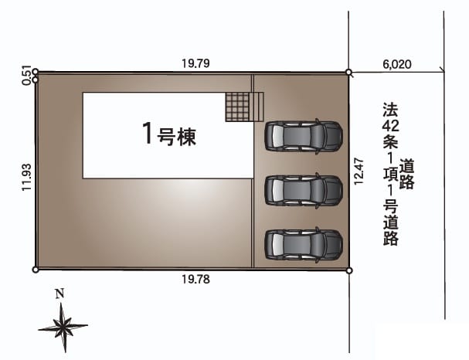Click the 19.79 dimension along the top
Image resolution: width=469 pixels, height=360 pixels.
click(x=196, y=63)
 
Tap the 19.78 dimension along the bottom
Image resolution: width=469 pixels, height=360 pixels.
click(x=196, y=279)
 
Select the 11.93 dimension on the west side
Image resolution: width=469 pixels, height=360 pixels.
click(x=26, y=177)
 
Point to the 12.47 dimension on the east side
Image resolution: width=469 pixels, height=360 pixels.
click(x=359, y=172)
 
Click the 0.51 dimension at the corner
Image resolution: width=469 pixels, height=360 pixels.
click(x=26, y=76)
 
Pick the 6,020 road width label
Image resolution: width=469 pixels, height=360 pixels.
click(x=397, y=64)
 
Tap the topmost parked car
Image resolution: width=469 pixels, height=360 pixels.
click(x=304, y=137)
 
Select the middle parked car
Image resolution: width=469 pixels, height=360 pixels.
click(x=304, y=191)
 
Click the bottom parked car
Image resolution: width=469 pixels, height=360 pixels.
click(x=304, y=245)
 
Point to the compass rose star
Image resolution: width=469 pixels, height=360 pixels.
click(x=63, y=327)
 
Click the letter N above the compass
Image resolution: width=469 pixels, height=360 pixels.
click(x=60, y=294)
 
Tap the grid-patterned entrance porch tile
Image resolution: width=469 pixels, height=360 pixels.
click(x=237, y=107)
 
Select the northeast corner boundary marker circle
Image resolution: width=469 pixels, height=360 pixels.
click(x=348, y=73)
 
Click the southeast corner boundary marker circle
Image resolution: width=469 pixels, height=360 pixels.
click(x=349, y=271)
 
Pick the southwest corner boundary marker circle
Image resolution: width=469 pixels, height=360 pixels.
click(x=36, y=270)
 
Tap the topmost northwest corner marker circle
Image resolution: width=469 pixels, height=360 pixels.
click(x=36, y=72)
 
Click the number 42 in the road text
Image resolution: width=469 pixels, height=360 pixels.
click(x=390, y=126)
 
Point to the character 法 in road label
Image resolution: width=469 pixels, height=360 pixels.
click(x=391, y=110)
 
